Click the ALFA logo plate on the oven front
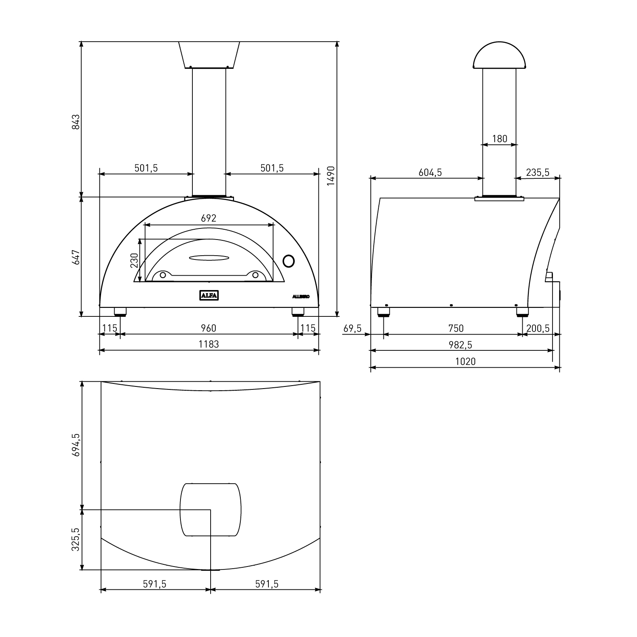(x=209, y=295)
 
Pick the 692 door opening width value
(x=209, y=218)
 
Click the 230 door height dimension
(x=134, y=260)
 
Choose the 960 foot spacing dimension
(x=208, y=328)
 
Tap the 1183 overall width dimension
(x=209, y=344)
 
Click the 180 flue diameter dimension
(x=499, y=138)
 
